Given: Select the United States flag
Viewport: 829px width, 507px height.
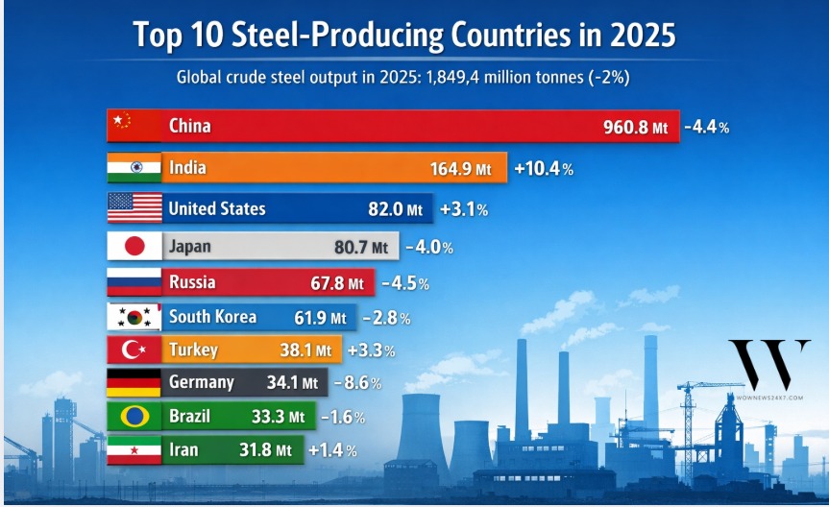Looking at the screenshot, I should point(134,207).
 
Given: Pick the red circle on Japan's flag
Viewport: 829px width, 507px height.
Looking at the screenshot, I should point(134,247).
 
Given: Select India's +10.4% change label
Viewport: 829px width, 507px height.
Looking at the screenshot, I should point(544,169).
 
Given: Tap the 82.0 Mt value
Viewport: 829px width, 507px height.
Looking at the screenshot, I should point(401,208).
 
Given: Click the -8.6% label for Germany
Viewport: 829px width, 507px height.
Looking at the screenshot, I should point(357,382).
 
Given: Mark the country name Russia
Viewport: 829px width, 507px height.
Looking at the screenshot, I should point(192,282).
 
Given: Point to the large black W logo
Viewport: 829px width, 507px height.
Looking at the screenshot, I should point(768,364).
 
